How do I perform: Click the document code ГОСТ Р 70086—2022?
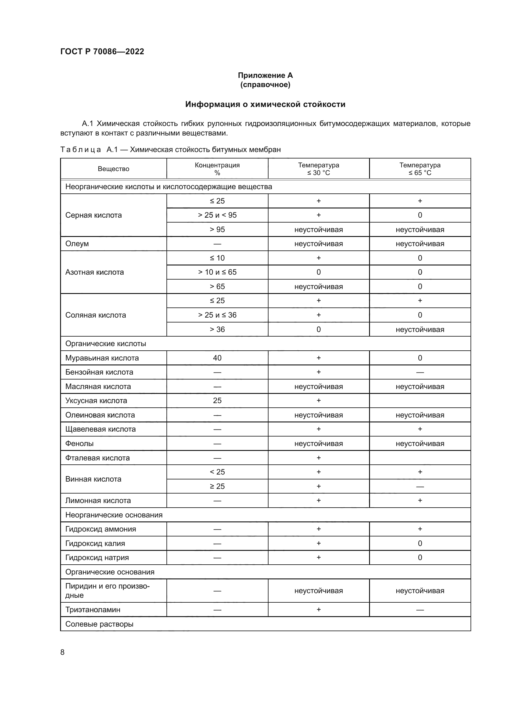(x=102, y=51)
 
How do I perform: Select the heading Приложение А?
(x=265, y=75)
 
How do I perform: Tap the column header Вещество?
(x=113, y=169)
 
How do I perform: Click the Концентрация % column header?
(x=217, y=169)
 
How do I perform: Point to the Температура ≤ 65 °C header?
(x=420, y=169)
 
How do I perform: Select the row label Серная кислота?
(x=93, y=215)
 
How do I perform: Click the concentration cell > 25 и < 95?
(x=217, y=215)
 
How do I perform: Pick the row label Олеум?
(x=77, y=244)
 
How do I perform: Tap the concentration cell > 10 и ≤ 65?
(x=217, y=272)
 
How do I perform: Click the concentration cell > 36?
(x=217, y=330)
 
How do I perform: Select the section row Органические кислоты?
(x=105, y=344)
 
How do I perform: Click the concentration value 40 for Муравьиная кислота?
(x=217, y=358)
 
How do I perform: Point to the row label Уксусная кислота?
(x=96, y=401)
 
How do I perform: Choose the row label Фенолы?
(x=79, y=444)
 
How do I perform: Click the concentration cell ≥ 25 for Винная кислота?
(x=217, y=486)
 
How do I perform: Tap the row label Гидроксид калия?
(x=95, y=543)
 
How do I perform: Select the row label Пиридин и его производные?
(x=107, y=590)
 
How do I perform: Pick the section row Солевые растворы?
(x=99, y=624)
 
